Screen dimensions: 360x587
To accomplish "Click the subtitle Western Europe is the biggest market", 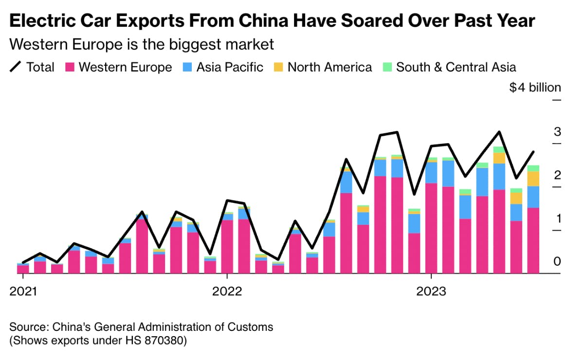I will (x=142, y=44).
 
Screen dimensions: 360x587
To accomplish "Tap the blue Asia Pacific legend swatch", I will (x=187, y=67).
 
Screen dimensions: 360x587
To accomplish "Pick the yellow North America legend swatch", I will (x=277, y=67).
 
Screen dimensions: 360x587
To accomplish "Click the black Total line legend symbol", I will (x=16, y=67).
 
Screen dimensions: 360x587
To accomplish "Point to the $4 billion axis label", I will (x=535, y=88).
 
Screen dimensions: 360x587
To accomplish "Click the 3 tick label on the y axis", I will (x=557, y=132).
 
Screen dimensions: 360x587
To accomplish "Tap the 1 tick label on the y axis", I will (x=557, y=218).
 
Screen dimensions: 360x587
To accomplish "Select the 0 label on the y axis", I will (x=557, y=261).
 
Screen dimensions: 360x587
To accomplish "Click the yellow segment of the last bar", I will (x=533, y=179).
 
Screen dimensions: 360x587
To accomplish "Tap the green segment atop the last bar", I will (x=533, y=168).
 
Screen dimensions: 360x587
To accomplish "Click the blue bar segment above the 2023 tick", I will (x=431, y=173).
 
